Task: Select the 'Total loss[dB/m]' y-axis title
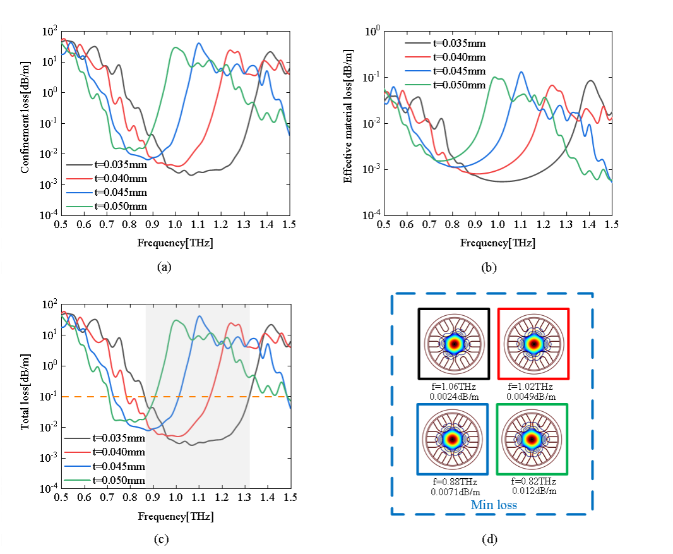coord(25,397)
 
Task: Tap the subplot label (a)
coord(164,267)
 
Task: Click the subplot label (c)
coord(164,539)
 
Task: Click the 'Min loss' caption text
coord(493,505)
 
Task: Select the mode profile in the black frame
coord(453,344)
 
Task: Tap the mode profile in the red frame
coord(533,344)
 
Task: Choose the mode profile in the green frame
coord(532,438)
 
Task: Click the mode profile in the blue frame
coord(452,438)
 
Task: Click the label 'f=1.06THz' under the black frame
coord(452,387)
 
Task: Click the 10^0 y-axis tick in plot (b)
coord(371,30)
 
